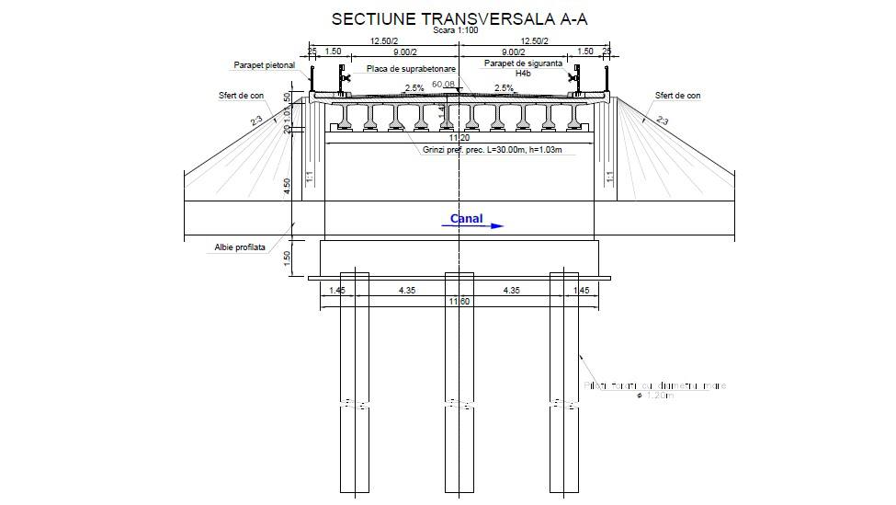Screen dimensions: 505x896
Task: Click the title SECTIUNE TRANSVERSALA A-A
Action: point(459,18)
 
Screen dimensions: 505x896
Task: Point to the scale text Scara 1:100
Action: point(457,30)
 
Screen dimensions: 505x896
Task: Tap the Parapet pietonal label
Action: point(264,65)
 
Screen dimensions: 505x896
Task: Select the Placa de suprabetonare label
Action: point(412,69)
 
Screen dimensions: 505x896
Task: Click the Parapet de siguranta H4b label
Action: point(524,67)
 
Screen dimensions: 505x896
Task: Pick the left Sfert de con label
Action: point(241,95)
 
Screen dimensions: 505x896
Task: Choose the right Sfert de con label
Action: point(677,95)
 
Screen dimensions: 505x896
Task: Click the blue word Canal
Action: point(466,219)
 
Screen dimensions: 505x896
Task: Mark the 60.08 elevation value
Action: point(443,84)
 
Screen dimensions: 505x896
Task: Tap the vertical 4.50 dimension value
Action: point(288,185)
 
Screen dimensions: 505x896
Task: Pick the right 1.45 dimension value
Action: point(582,291)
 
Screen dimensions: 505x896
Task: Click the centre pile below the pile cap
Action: point(459,386)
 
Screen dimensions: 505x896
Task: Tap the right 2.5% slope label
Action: point(504,88)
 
